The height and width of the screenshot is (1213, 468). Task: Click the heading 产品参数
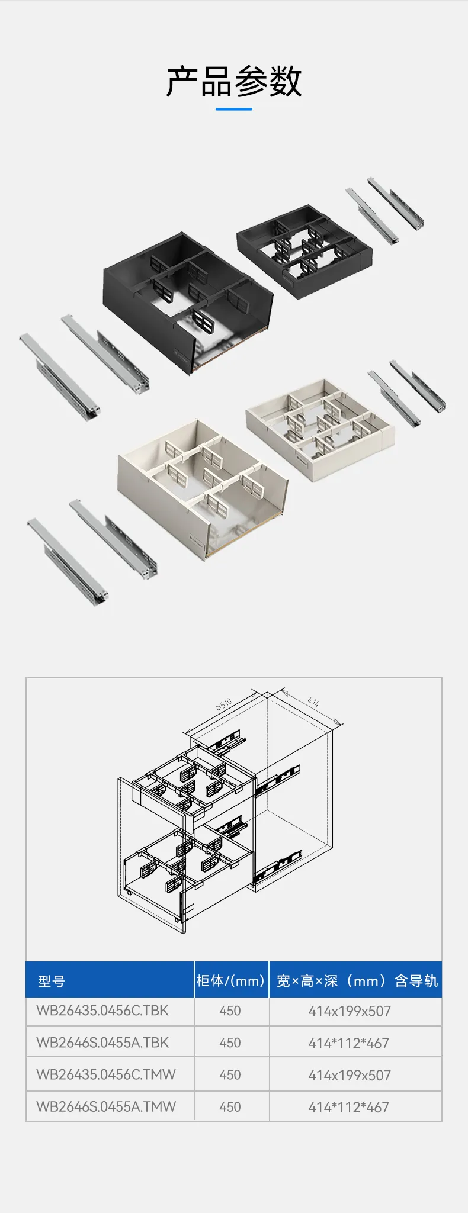point(234,81)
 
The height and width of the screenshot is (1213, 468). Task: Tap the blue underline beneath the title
point(234,109)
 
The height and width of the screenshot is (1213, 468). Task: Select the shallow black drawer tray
point(304,252)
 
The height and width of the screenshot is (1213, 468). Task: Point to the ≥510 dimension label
point(224,704)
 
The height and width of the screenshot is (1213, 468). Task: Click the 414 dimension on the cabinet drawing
point(313,702)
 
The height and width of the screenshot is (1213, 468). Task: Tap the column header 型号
point(51,982)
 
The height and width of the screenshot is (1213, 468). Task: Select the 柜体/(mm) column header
point(230,981)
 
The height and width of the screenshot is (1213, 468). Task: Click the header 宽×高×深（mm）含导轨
point(357,981)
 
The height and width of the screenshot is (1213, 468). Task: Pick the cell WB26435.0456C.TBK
point(102,1011)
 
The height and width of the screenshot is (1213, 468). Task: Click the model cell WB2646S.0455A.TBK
point(102,1043)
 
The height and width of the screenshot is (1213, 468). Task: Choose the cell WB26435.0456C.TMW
point(106,1074)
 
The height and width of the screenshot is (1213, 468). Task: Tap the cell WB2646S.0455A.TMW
point(106,1106)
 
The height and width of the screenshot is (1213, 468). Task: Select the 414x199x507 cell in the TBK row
point(350,1011)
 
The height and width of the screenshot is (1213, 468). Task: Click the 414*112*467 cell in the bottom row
point(348,1107)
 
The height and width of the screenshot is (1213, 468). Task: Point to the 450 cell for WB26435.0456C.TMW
point(230,1075)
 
